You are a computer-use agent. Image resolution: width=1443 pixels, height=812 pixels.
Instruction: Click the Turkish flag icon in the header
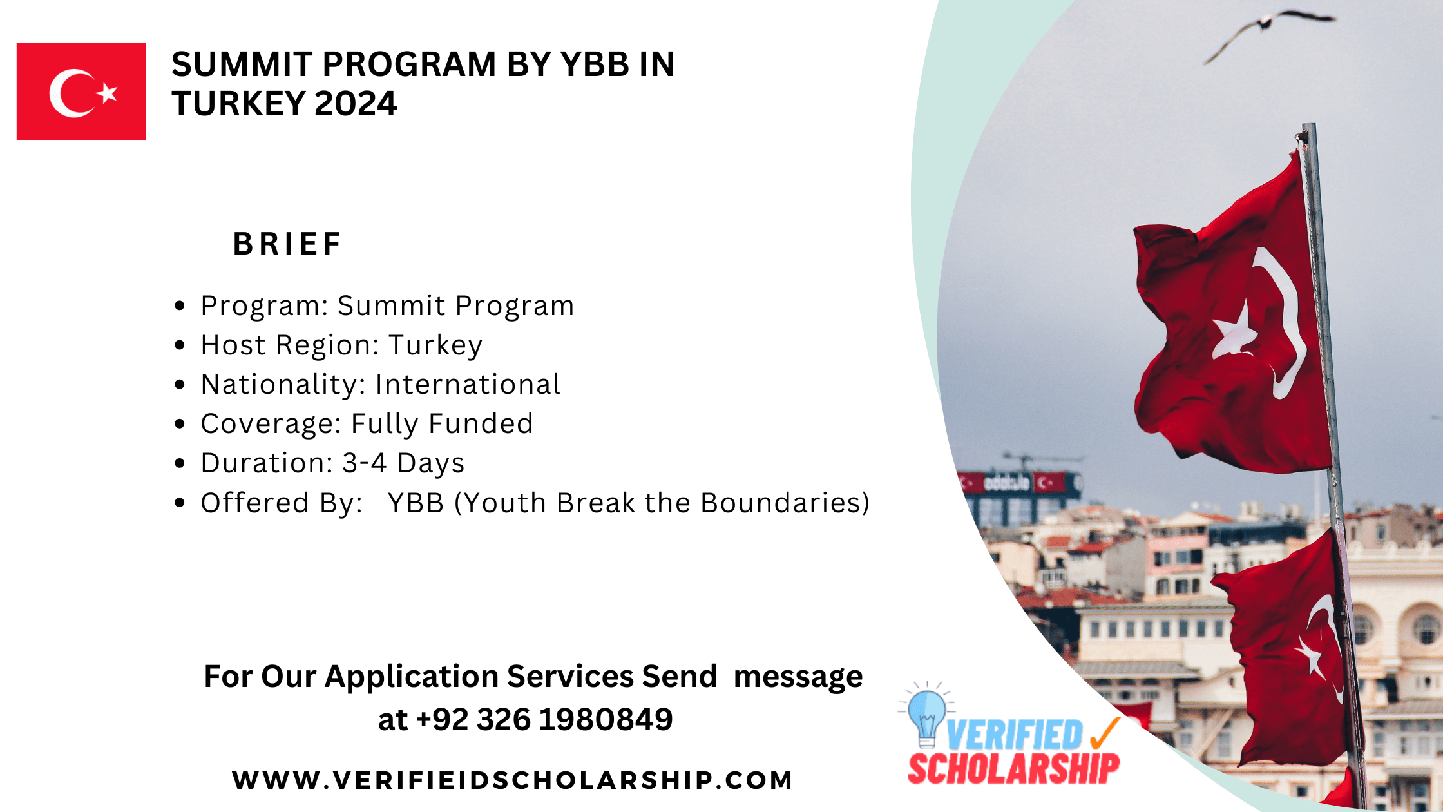[81, 92]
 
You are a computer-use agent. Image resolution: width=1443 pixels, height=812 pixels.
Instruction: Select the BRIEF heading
[287, 244]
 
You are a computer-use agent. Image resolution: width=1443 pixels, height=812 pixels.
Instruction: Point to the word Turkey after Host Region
[435, 345]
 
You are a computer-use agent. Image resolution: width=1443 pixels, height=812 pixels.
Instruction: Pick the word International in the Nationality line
[468, 385]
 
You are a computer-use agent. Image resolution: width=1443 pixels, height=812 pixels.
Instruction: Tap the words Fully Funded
[442, 424]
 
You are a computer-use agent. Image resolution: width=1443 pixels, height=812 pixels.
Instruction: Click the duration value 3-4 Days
[403, 463]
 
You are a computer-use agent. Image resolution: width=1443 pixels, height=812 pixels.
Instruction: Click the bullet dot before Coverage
[180, 424]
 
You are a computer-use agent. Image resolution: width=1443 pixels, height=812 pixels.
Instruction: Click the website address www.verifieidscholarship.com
[512, 780]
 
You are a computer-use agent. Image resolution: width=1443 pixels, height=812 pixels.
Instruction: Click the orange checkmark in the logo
[1105, 733]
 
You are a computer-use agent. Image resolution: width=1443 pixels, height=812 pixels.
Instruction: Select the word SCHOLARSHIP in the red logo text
[1013, 768]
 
